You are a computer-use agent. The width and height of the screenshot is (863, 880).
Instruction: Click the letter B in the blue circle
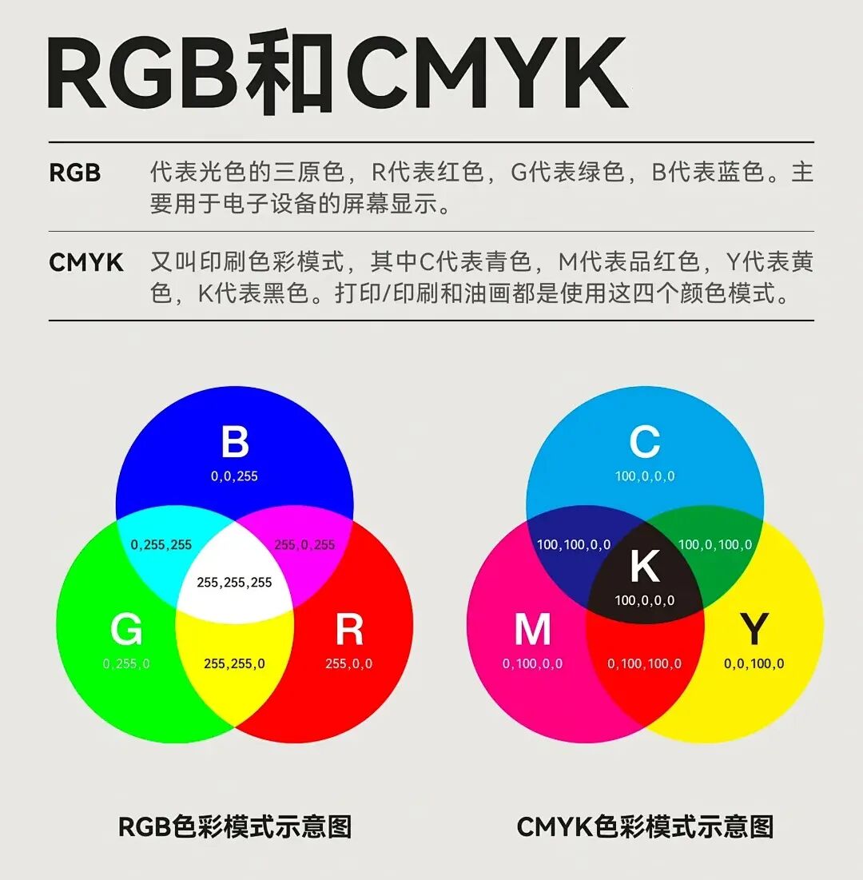click(x=235, y=442)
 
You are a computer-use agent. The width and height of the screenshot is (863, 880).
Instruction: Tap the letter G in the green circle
click(x=126, y=629)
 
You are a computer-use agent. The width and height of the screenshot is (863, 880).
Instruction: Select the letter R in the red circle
click(x=349, y=629)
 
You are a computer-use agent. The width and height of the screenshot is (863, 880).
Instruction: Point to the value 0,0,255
click(x=235, y=476)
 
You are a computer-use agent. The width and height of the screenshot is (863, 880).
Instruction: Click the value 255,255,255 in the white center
click(x=235, y=583)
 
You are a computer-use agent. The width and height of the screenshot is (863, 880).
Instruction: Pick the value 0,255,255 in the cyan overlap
click(x=161, y=545)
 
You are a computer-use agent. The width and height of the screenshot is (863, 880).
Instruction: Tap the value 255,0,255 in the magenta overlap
click(x=304, y=545)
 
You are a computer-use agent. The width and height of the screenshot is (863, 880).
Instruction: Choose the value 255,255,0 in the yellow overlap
click(x=235, y=664)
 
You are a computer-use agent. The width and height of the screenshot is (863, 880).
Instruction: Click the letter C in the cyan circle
click(x=645, y=442)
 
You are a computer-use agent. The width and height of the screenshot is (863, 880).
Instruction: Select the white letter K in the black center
click(x=645, y=566)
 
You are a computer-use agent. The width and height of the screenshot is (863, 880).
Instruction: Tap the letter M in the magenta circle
click(x=532, y=629)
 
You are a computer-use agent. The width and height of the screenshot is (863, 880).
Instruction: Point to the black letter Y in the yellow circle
click(x=754, y=629)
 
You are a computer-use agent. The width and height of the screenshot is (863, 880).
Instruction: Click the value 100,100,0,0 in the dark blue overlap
click(x=574, y=545)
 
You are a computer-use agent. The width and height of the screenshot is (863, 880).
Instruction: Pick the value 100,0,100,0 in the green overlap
click(x=715, y=545)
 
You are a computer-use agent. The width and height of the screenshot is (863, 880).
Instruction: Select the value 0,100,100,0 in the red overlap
click(x=645, y=664)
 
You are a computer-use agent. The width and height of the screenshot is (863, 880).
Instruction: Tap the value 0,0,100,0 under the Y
click(x=754, y=664)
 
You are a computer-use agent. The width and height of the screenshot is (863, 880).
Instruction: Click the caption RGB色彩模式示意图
click(x=235, y=827)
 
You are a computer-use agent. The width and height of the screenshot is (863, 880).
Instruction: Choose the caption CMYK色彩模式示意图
click(x=646, y=827)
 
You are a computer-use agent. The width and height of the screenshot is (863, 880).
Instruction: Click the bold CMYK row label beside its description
click(x=86, y=263)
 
